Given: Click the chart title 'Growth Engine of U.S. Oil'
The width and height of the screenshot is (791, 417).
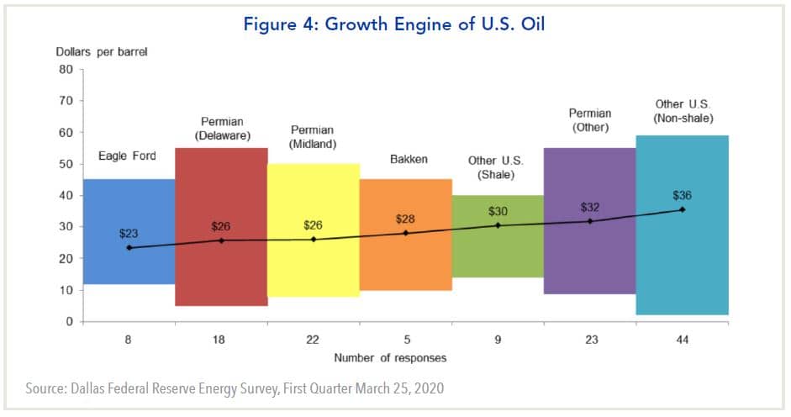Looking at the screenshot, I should [x=394, y=24].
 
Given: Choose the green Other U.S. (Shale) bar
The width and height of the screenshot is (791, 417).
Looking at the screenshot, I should [x=498, y=269].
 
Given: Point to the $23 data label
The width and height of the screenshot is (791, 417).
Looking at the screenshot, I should [x=129, y=233].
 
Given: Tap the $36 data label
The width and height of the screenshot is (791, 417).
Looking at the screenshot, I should [x=682, y=195].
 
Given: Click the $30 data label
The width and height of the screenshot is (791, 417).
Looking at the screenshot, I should [x=498, y=211].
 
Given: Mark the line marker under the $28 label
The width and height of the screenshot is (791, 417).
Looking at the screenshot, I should [x=405, y=233].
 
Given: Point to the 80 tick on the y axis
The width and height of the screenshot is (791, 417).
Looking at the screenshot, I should [x=66, y=70].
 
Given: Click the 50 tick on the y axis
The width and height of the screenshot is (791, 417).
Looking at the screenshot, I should [x=66, y=164].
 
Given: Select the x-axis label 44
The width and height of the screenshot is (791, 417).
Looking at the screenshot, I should [x=682, y=340].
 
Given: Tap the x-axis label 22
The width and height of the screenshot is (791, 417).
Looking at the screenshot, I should [x=314, y=340].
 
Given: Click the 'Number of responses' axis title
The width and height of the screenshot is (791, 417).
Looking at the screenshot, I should [x=390, y=358].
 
